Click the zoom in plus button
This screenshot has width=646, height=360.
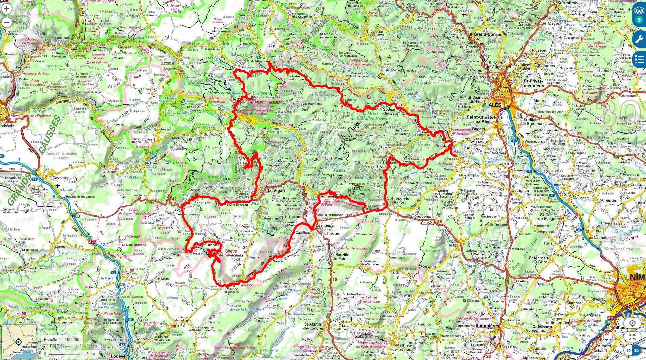(7, 9)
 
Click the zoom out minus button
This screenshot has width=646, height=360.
(7, 23)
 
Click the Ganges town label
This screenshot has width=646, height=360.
(324, 226)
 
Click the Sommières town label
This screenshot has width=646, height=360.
(487, 326)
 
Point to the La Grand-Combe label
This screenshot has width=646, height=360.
(485, 34)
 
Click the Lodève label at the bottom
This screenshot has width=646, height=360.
(118, 356)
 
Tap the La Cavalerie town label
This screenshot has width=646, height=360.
(58, 178)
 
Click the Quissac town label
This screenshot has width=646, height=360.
(449, 245)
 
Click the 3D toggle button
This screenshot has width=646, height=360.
(636, 350)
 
